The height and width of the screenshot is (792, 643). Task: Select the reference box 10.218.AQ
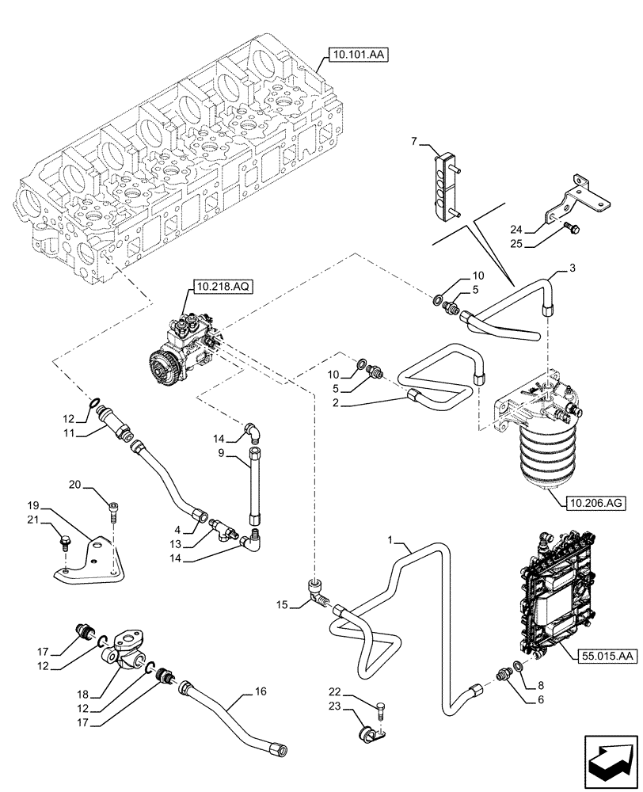click(x=220, y=287)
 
